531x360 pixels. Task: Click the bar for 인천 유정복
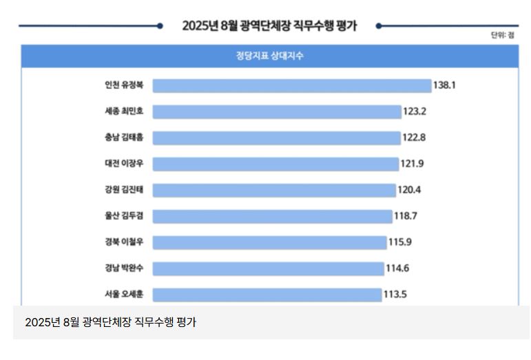291,85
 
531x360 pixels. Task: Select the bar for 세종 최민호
276,112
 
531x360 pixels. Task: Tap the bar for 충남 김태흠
276,138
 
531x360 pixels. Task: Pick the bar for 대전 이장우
275,164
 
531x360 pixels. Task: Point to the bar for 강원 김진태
274,190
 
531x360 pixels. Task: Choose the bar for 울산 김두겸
272,216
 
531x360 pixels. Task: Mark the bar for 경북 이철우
269,242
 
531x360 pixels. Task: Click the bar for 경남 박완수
268,268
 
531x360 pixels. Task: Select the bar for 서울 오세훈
267,295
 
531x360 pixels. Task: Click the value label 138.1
446,85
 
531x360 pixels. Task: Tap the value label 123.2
415,112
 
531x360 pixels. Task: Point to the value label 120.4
410,190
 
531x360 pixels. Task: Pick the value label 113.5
395,295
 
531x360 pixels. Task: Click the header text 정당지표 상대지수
269,56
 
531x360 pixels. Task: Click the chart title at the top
269,26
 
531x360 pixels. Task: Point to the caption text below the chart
110,322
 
